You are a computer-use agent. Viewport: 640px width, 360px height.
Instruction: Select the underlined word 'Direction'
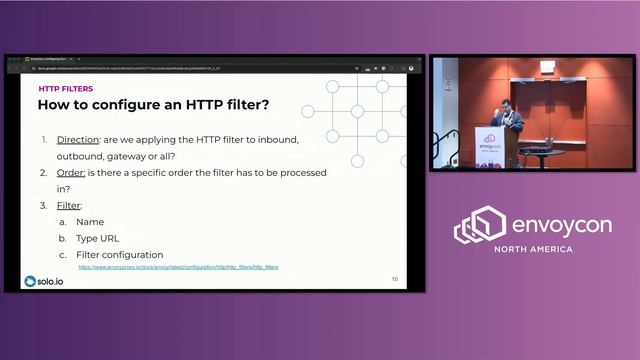coord(77,139)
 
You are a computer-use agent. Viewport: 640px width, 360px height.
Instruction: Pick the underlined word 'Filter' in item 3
coord(69,205)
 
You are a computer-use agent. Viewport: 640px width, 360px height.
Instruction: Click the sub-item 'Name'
coord(90,222)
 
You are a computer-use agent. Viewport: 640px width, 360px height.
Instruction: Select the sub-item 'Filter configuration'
coord(119,255)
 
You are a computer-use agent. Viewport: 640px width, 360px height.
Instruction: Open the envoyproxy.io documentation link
coord(178,268)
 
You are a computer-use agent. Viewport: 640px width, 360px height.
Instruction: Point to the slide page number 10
coord(394,279)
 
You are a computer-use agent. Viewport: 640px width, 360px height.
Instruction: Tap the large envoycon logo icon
coord(479,225)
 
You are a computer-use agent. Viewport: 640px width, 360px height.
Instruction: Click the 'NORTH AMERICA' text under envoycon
coord(530,248)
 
